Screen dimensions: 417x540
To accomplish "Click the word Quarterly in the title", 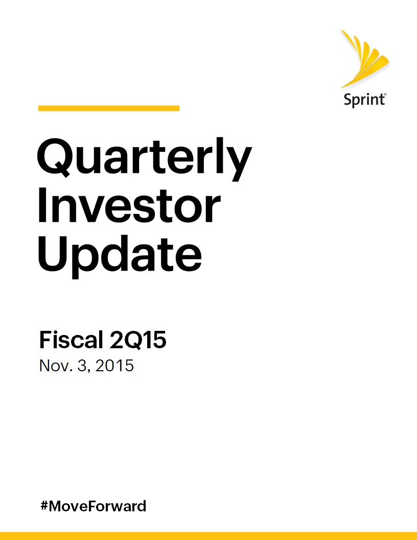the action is coord(145,159).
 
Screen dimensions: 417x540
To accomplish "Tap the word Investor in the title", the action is coord(129,205).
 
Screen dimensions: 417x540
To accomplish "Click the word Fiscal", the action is coord(72,340).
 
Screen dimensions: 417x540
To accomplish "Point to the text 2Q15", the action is coord(137,341).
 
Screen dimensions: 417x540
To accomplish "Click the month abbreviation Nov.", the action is coord(56,366).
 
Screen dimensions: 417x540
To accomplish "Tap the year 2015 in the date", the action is coord(114,366).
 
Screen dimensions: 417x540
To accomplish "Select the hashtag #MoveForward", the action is coord(93,506).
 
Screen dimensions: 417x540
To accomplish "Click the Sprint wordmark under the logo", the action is coord(365,100).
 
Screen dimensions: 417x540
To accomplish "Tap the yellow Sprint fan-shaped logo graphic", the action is coord(364,58).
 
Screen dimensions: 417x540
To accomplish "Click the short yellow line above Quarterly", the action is coord(109,108).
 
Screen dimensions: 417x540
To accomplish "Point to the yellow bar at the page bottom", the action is coord(208,536).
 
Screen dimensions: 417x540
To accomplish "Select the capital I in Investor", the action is coord(42,205).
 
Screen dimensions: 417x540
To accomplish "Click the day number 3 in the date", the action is coord(82,366).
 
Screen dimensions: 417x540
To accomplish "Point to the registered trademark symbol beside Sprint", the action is coord(385,94).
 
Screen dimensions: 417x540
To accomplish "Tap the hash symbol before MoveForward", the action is coord(44,506).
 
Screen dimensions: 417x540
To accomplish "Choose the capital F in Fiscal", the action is coord(45,340).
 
